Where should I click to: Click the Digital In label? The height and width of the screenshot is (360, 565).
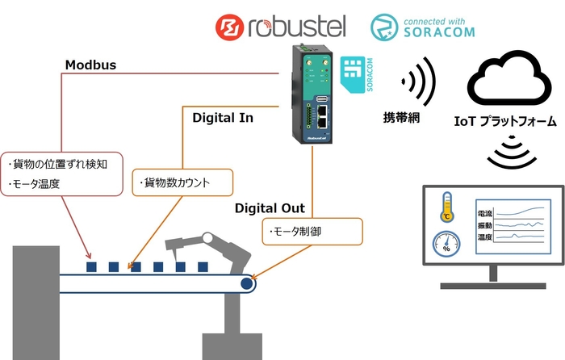click(223, 118)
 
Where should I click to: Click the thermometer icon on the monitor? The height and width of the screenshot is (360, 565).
click(447, 207)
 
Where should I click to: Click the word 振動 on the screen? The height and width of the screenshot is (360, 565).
click(485, 226)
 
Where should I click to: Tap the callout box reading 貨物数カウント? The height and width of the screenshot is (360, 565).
click(182, 183)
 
